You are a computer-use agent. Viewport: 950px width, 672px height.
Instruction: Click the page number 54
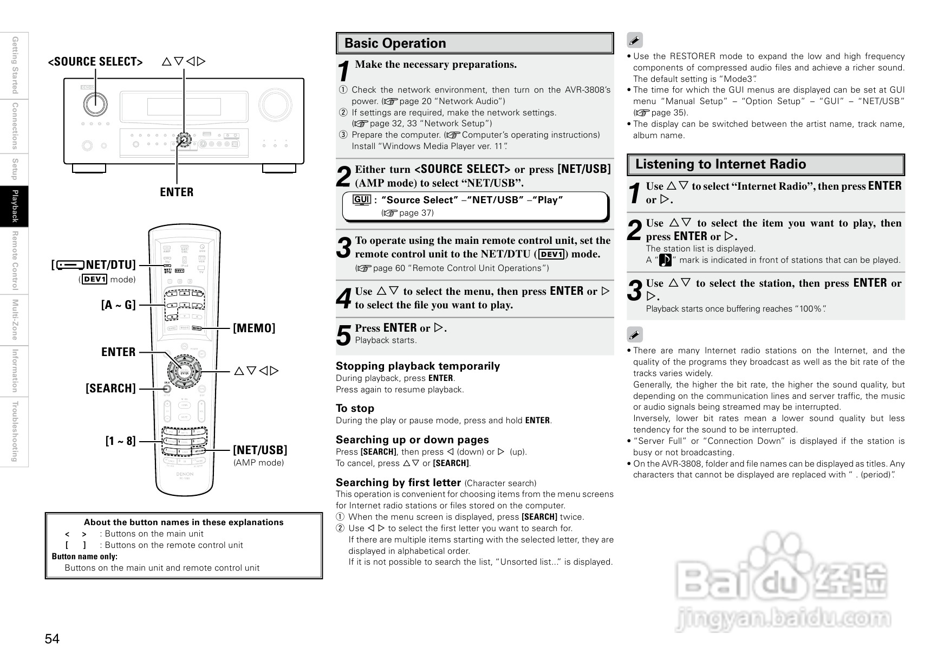(x=52, y=639)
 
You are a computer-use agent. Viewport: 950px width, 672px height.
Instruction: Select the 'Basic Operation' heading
(x=395, y=43)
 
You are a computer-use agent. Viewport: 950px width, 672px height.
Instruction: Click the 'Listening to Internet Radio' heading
(x=720, y=164)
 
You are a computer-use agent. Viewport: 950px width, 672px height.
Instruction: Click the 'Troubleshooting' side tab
(x=15, y=431)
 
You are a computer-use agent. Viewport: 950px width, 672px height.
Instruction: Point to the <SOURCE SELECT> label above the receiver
(x=95, y=62)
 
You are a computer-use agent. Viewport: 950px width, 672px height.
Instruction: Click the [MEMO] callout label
(x=254, y=328)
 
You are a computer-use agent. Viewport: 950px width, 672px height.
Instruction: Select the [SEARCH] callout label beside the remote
(x=110, y=388)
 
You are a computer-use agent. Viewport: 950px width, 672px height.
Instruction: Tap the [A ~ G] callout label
(x=118, y=305)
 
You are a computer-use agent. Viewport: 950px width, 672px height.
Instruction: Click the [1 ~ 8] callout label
(x=120, y=441)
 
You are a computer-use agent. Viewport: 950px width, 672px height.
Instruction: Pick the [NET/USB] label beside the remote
(x=260, y=450)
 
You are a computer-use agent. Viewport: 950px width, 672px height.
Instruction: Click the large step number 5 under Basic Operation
(x=343, y=335)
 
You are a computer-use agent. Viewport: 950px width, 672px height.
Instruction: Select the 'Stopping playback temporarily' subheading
(x=418, y=366)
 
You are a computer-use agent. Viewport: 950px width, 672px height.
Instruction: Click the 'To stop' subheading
(x=355, y=408)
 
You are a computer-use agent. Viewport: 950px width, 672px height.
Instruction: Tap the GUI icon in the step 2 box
(x=361, y=199)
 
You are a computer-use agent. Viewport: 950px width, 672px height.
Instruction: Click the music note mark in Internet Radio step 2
(x=665, y=260)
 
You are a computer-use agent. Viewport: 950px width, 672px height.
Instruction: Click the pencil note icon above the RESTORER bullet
(x=634, y=40)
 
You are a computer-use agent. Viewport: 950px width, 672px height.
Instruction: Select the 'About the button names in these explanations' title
(x=184, y=522)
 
